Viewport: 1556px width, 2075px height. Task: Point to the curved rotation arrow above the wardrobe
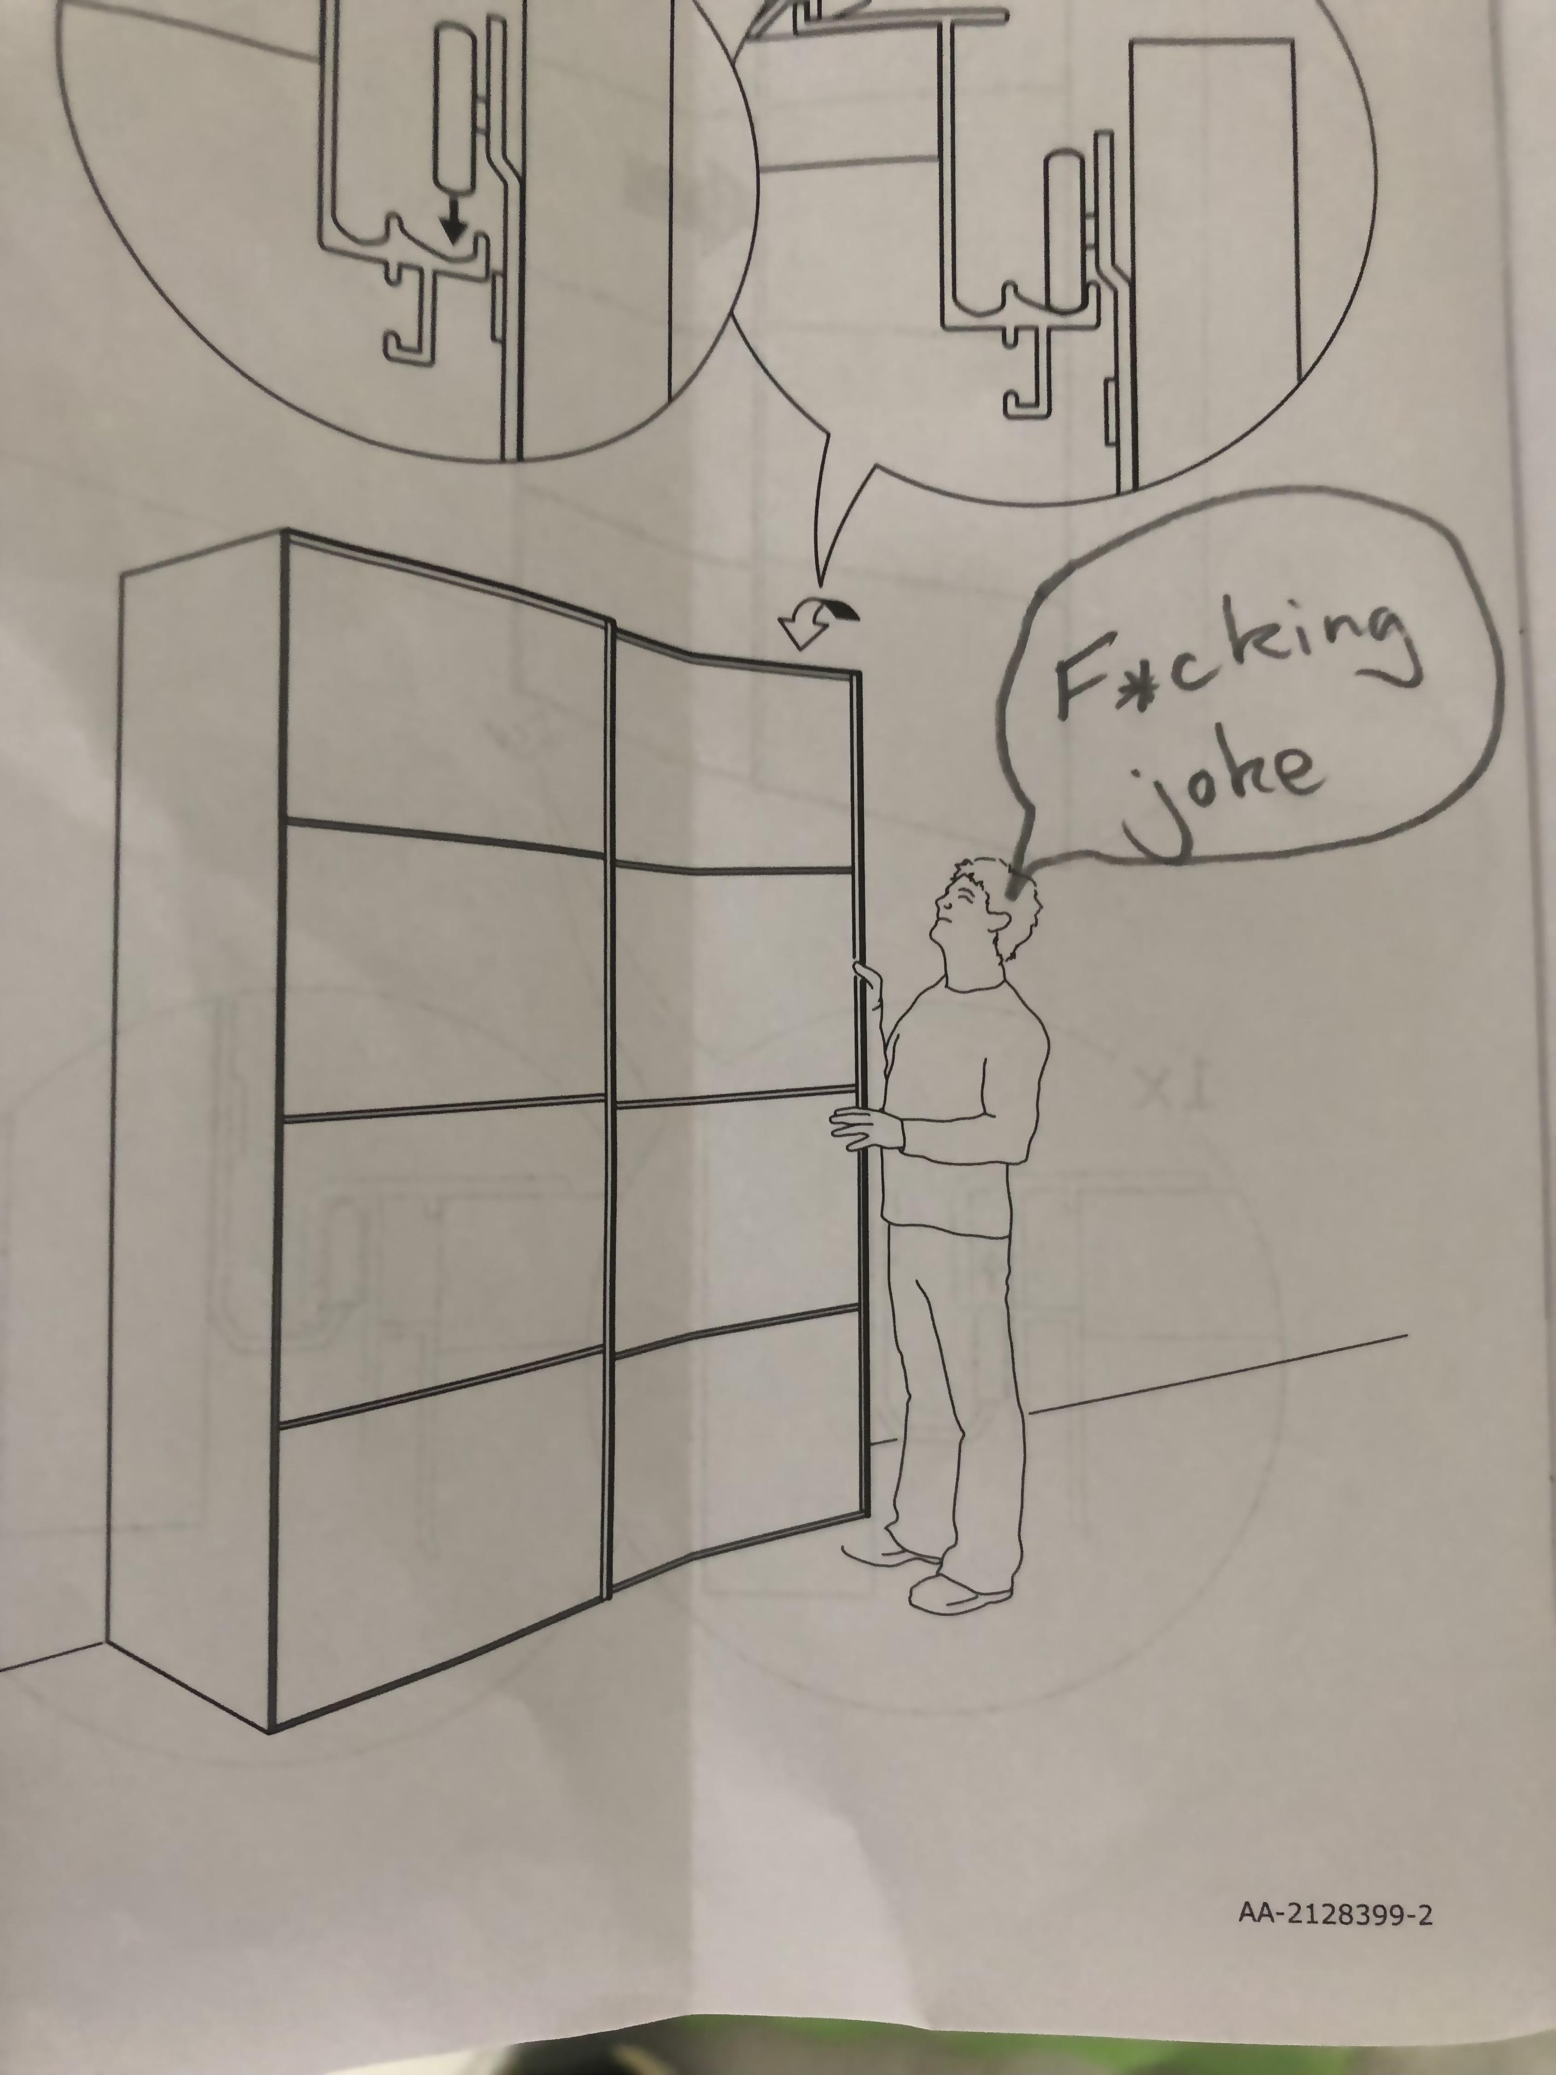tap(817, 624)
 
